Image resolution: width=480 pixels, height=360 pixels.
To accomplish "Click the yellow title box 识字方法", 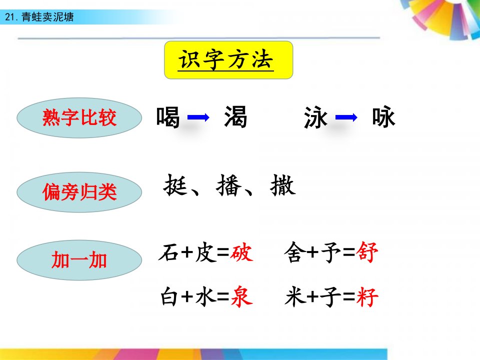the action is point(228,60).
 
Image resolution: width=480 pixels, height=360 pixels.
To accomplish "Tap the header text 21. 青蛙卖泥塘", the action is point(39,17).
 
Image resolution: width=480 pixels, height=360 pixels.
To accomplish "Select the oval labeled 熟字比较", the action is point(79,118).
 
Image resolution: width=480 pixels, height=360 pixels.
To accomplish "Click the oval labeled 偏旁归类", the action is point(79,192).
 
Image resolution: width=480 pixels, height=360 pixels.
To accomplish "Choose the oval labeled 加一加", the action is point(79,260).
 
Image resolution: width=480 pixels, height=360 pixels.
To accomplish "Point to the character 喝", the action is point(168,117).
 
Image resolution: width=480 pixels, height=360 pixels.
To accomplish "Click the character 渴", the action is point(235,116).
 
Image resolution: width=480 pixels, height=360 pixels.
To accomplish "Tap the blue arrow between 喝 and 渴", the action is point(198,117).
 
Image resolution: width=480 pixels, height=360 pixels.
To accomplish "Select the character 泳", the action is point(315,117).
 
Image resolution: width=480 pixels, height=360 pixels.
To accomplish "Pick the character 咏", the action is point(383,116).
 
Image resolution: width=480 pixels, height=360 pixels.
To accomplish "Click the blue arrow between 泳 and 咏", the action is point(346,117).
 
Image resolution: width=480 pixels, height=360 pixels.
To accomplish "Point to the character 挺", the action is point(175,185).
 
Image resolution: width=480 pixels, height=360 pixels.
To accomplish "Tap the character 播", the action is point(228,185).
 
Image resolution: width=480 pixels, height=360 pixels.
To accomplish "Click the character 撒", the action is point(283,185).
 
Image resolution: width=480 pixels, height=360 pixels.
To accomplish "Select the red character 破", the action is point(242,253).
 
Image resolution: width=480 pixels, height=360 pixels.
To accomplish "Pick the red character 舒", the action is point(367,252).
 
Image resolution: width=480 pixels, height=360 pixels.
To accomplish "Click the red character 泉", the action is point(242,296).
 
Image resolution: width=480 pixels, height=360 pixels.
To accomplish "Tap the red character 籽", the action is point(367,297).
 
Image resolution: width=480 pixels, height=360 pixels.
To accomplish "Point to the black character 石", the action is point(169,253).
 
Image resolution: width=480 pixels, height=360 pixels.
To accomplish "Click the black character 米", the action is point(295,296).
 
